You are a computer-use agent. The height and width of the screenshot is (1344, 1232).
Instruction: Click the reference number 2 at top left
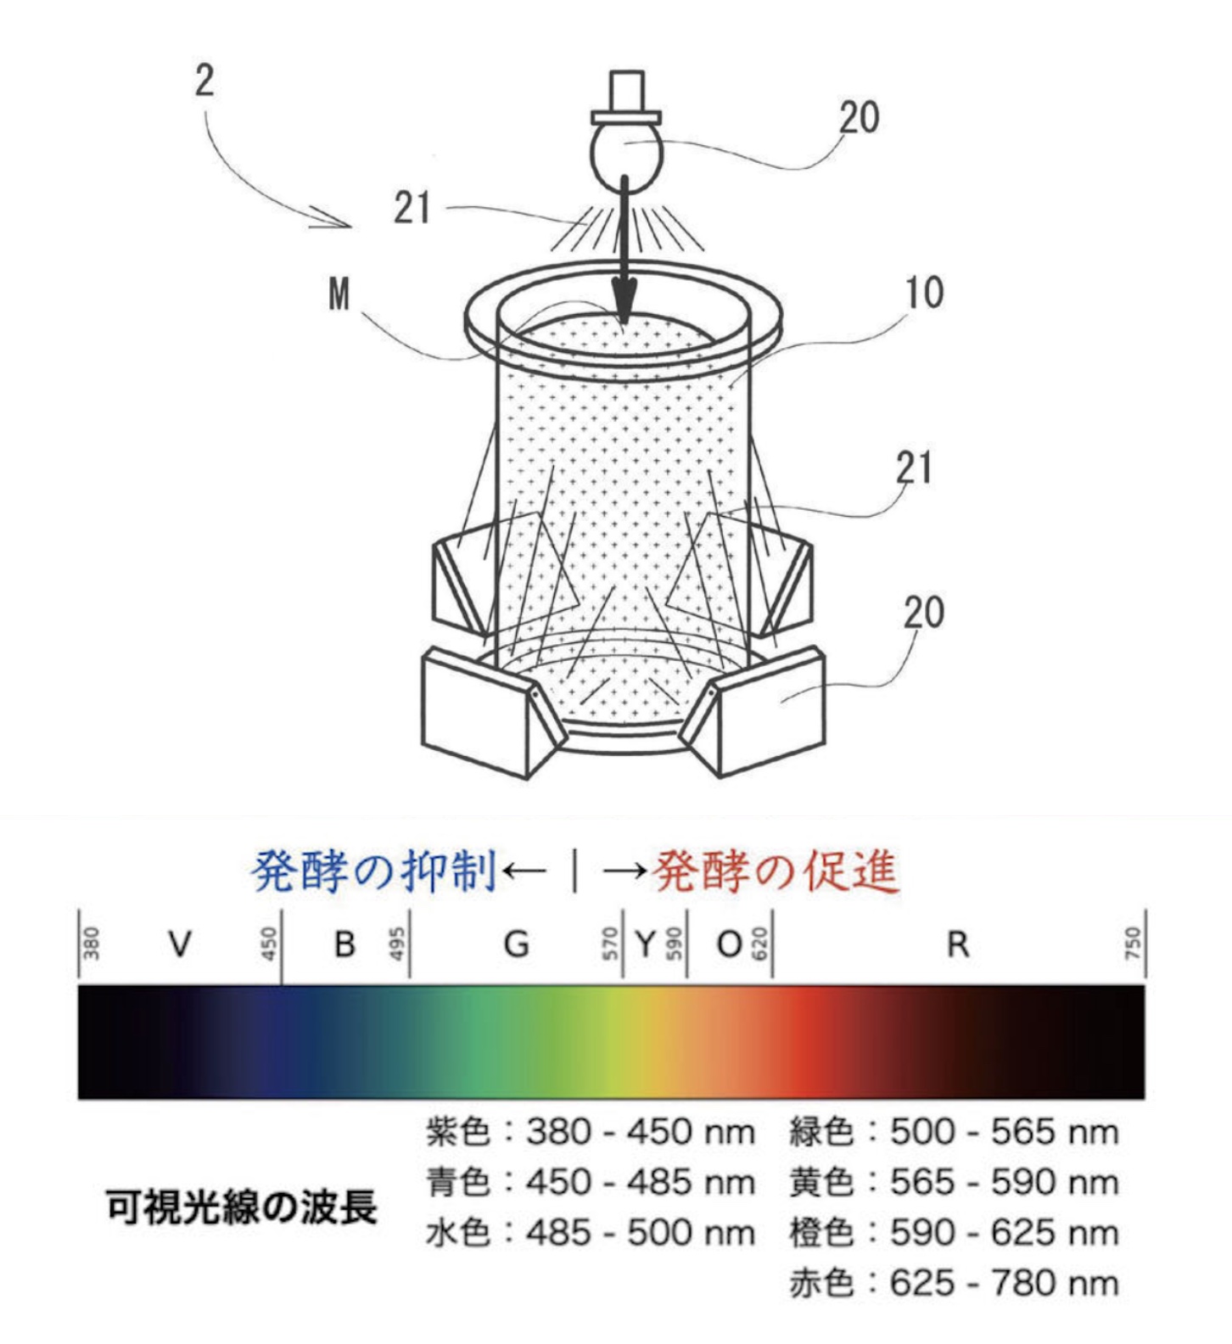204,81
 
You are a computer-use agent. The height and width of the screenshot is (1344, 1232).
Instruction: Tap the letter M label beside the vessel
339,294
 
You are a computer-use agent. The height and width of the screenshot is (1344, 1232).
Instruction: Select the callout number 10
924,293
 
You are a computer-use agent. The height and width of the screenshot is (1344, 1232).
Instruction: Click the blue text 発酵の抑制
373,871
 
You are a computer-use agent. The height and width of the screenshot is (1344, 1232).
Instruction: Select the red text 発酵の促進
776,871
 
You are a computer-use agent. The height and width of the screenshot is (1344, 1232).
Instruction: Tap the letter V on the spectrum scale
179,944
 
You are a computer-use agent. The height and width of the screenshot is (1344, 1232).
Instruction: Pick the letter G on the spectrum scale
516,944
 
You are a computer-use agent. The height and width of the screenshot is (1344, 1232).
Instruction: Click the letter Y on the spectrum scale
645,944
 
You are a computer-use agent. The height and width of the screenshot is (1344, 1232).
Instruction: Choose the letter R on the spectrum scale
958,944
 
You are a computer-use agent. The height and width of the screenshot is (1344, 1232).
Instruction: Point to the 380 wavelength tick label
91,944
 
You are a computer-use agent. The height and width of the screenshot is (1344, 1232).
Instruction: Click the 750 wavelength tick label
1133,944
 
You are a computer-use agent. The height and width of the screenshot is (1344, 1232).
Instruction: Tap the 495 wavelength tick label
396,944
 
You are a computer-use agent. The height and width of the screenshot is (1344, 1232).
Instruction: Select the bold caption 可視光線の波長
241,1207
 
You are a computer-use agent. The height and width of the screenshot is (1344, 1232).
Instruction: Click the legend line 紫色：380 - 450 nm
590,1132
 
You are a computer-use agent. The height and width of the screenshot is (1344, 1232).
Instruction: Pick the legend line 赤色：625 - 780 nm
954,1283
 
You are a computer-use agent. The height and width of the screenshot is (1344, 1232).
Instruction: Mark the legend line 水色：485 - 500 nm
590,1233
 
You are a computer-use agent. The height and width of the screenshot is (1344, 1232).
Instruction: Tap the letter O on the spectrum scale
730,944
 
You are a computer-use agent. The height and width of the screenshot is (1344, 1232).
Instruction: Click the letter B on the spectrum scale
344,944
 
